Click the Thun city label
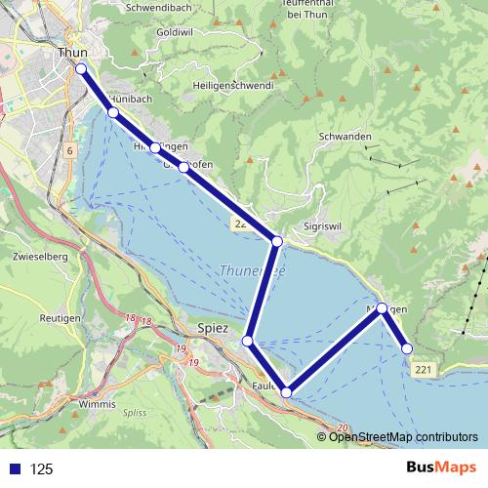[73, 53]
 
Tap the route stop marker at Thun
[81, 68]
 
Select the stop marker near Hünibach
[113, 113]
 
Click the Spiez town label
[213, 329]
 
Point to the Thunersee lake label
[252, 270]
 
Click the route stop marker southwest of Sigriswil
[277, 241]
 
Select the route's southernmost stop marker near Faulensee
[286, 392]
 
